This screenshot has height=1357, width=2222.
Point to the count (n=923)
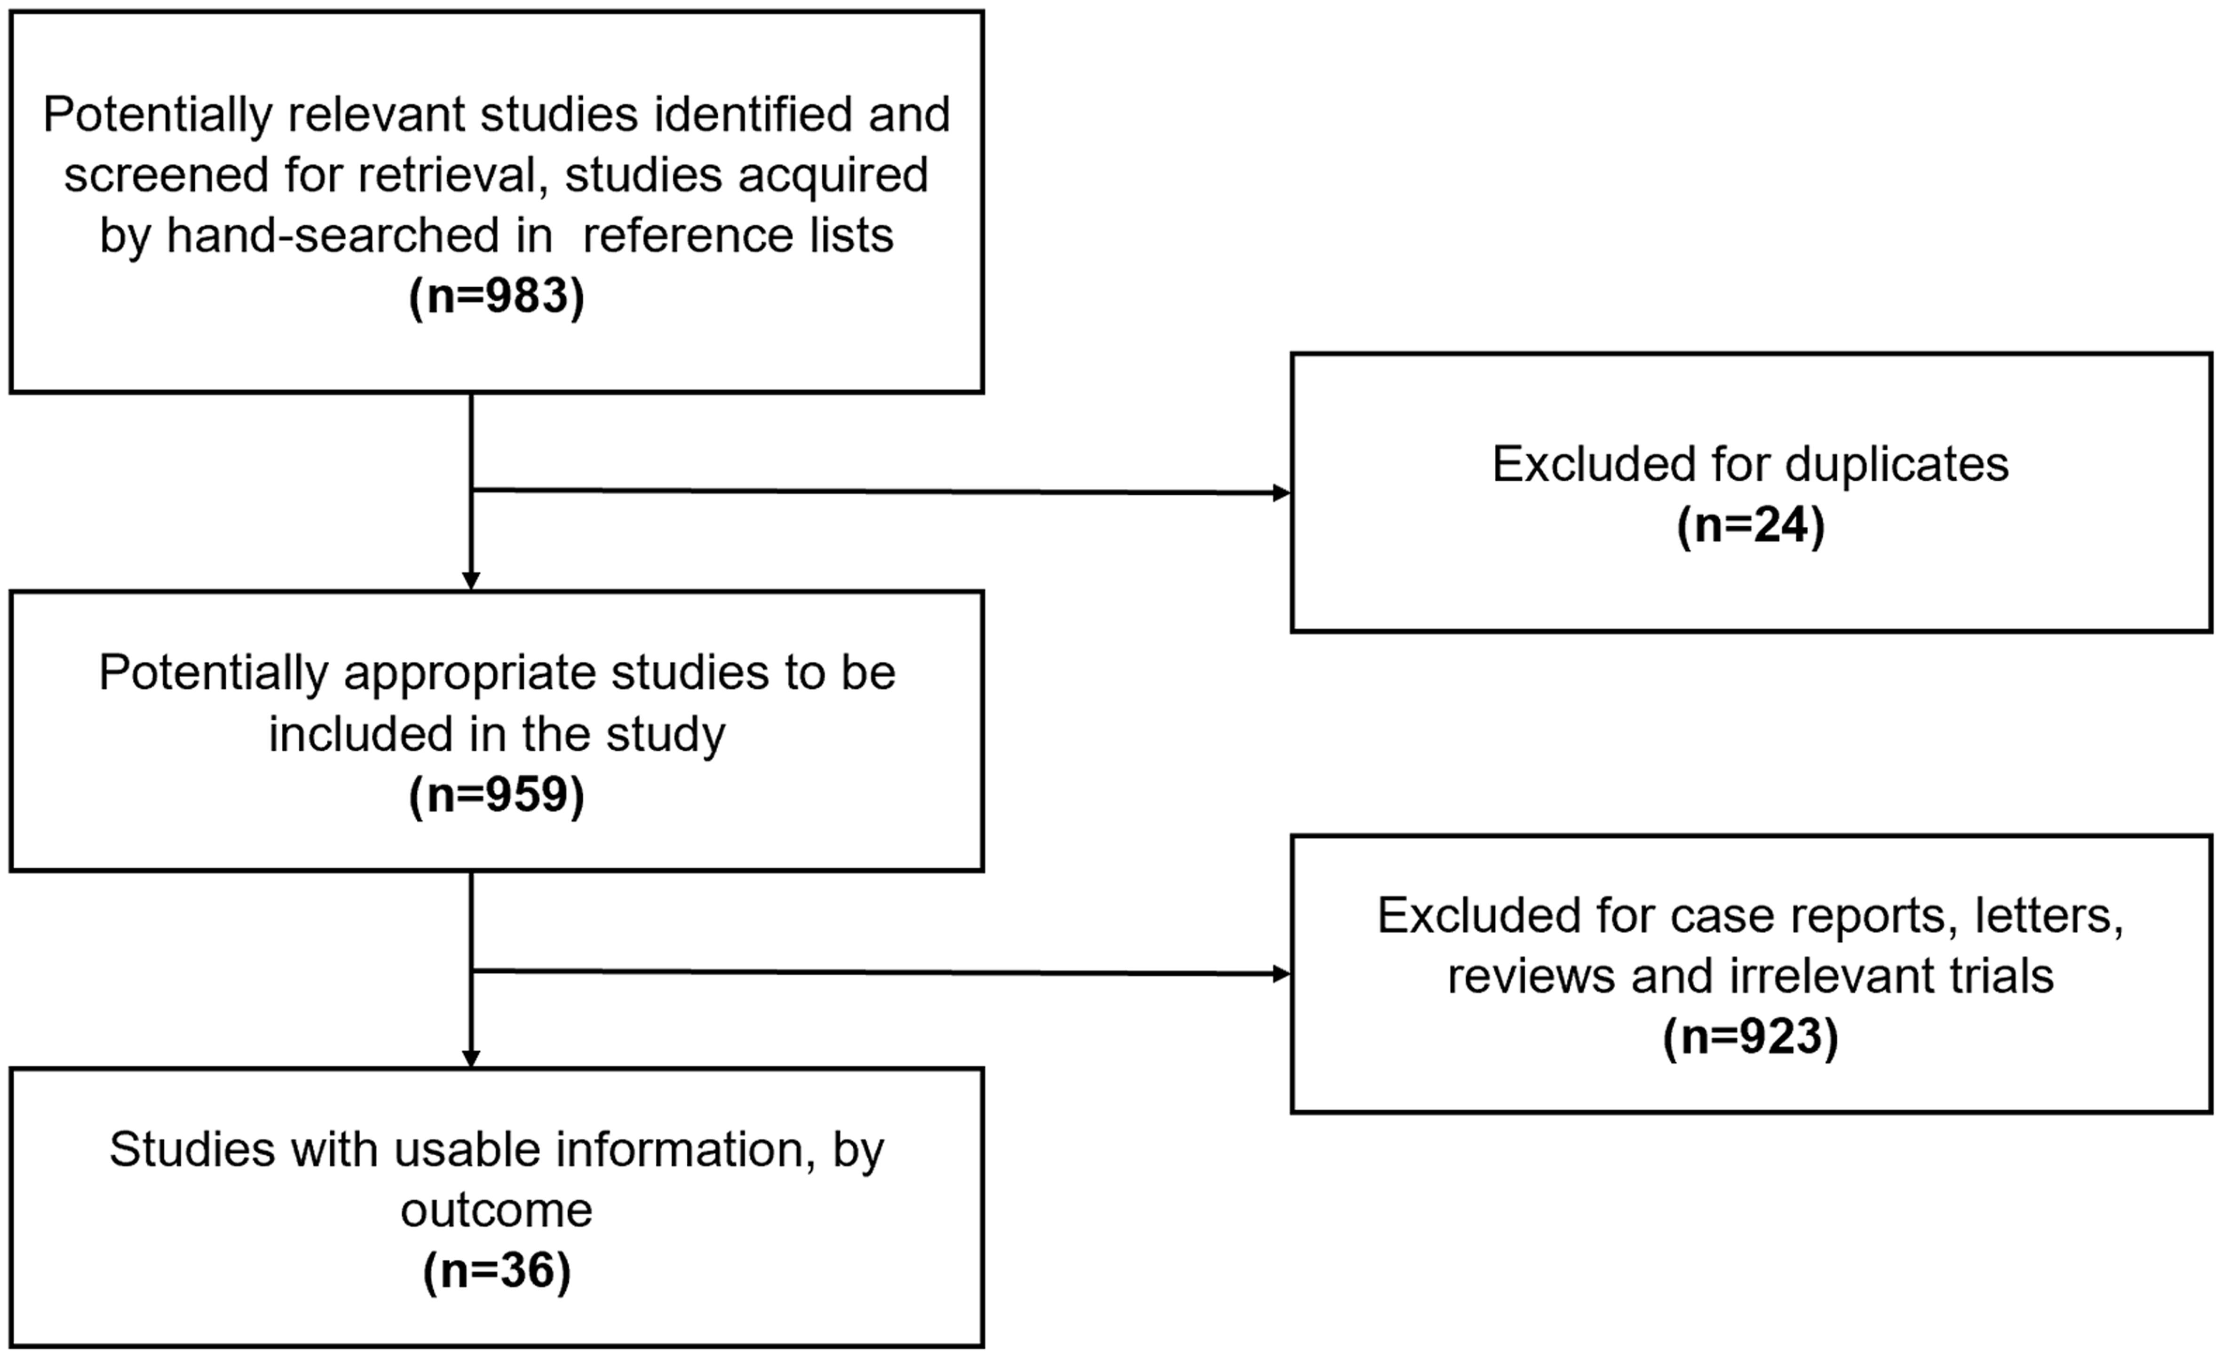[x=1750, y=1036]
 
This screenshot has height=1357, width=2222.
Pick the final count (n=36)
[x=497, y=1270]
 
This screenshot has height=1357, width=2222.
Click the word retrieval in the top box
[x=452, y=175]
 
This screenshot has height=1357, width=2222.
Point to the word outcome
[x=497, y=1210]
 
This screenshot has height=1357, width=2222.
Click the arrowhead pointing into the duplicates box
[x=1280, y=493]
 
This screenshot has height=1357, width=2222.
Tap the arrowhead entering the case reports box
[x=1280, y=974]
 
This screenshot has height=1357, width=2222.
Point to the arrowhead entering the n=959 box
[x=471, y=581]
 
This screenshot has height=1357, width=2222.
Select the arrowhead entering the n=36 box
[x=471, y=1058]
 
